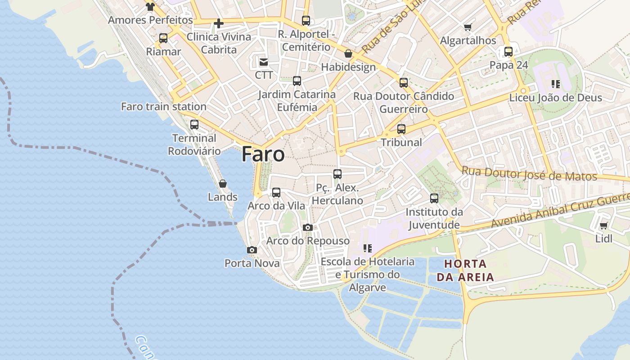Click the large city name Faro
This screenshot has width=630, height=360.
[x=263, y=154]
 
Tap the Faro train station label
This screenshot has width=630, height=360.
[x=164, y=107]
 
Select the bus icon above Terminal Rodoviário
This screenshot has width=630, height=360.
[x=194, y=125]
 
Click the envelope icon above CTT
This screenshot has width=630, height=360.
[x=263, y=62]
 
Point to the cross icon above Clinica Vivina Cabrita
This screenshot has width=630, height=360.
[x=219, y=23]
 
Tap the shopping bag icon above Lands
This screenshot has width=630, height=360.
[x=222, y=184]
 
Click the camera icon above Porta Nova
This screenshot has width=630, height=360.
[x=252, y=250]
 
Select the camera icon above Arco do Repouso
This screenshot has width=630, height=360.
[x=308, y=227]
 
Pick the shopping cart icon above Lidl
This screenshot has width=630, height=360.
[x=603, y=225]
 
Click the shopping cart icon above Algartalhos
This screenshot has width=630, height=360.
[x=468, y=27]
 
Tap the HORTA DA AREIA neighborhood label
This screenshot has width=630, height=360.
[x=465, y=270]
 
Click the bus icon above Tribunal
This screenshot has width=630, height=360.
[x=401, y=129]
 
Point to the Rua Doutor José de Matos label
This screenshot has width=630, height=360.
[x=529, y=174]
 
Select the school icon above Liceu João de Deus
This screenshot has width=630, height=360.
[x=556, y=84]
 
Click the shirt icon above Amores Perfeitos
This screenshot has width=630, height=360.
[x=150, y=6]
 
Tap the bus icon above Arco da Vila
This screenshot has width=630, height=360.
[x=276, y=193]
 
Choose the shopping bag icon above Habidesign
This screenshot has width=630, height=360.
[x=348, y=54]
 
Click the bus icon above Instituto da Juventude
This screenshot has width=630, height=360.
[x=434, y=198]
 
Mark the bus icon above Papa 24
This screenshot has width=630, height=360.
[x=508, y=52]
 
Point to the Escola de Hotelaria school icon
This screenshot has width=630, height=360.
[x=368, y=248]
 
